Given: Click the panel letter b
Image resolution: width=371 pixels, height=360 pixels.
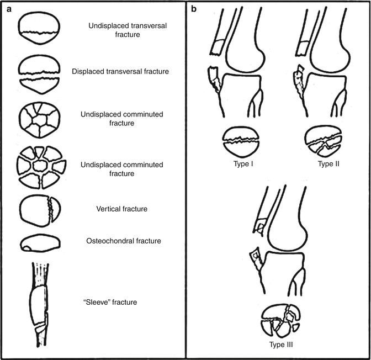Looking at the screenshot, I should [x=193, y=9].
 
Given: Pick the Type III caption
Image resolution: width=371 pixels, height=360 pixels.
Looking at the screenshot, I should [x=280, y=346].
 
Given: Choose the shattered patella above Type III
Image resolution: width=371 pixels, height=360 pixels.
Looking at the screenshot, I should [x=279, y=322].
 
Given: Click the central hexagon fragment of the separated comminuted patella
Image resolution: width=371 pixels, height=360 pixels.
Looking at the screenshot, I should [x=40, y=166].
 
